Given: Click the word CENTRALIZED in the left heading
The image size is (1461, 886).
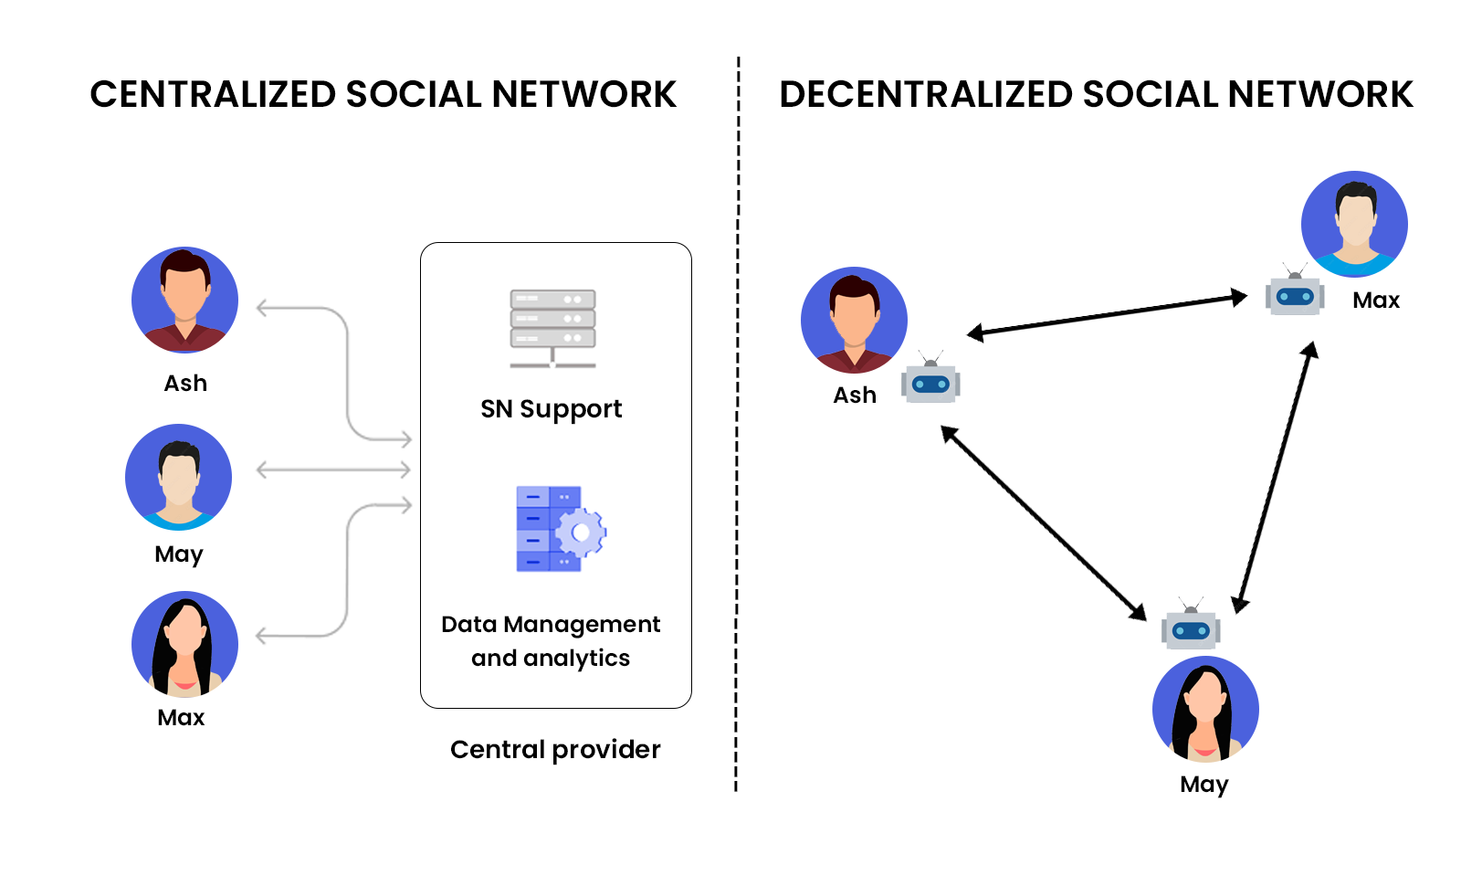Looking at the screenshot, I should [x=213, y=95].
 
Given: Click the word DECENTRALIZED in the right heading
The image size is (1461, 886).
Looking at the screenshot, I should [x=925, y=95].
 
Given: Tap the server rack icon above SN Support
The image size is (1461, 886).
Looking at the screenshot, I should [x=552, y=328].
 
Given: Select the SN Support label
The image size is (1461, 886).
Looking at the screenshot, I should [x=551, y=409].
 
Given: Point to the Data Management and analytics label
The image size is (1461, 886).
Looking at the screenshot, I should [x=551, y=640].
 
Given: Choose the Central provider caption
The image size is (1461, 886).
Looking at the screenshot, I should [x=555, y=750].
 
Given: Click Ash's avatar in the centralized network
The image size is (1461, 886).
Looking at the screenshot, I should [x=184, y=300].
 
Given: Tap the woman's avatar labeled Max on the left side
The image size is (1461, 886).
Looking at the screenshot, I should [x=184, y=644].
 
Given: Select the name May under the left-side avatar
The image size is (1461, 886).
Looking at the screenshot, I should [x=179, y=554].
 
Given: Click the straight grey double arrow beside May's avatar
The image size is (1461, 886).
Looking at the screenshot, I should [x=333, y=470].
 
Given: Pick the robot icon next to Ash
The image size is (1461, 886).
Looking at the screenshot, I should [x=930, y=381].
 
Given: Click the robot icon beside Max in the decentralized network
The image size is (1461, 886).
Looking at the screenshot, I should [x=1294, y=294].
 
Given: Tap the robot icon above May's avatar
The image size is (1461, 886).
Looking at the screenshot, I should [x=1191, y=628].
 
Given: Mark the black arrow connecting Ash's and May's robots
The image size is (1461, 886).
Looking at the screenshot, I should [x=1044, y=523].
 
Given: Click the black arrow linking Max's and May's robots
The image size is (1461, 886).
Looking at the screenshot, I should [x=1275, y=477].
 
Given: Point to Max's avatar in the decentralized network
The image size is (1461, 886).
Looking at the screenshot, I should [x=1354, y=224].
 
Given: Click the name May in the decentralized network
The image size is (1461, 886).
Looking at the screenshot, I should [x=1203, y=785].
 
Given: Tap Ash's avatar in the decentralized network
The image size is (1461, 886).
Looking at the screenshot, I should [x=854, y=320].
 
